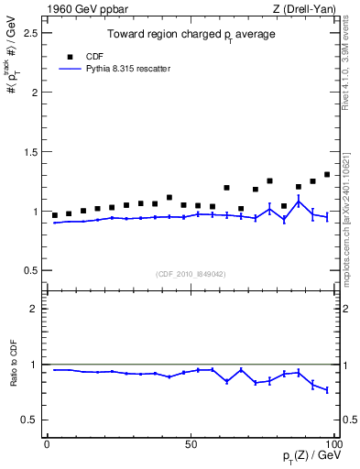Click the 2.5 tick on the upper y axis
tap(31, 33)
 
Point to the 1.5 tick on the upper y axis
tap(31, 152)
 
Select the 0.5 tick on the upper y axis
tap(31, 271)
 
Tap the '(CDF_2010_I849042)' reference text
tap(191, 273)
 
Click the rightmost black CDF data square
tap(327, 174)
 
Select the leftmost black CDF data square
tap(55, 215)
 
